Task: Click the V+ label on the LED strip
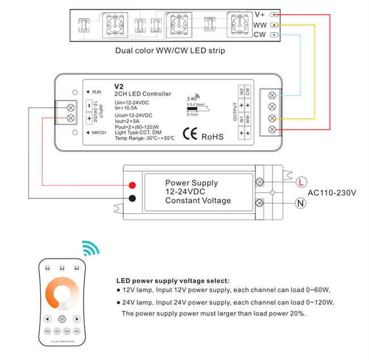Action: (260, 14)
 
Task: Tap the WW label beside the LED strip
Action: (260, 25)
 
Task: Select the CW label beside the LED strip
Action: (259, 35)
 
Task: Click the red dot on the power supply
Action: (132, 185)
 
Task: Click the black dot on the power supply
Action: (132, 198)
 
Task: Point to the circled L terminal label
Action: (301, 181)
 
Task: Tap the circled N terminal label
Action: (301, 202)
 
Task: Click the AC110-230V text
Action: (332, 192)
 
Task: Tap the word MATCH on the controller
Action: (99, 132)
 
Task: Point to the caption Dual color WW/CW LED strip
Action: (170, 51)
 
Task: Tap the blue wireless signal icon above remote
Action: (90, 248)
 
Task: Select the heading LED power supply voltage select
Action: (173, 280)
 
